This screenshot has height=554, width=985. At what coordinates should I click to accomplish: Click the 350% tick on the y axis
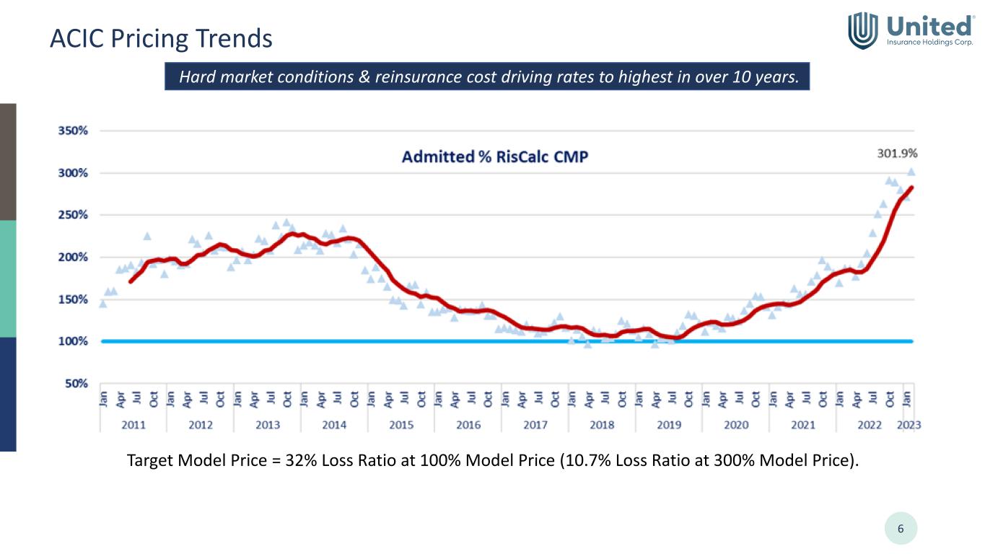[x=73, y=131]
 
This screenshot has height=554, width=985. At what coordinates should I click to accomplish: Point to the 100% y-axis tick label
[x=73, y=341]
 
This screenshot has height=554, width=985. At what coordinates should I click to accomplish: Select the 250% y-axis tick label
[x=73, y=215]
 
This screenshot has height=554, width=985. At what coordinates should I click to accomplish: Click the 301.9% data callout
[x=897, y=154]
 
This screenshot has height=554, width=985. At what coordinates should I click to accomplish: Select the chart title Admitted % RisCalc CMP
[x=494, y=157]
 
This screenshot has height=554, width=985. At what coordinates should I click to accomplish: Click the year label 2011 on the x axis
[x=133, y=425]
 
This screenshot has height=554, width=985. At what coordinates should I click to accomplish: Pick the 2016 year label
[x=468, y=425]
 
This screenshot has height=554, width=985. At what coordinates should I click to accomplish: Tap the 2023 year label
[x=909, y=425]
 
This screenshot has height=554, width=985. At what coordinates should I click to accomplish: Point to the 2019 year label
[x=669, y=425]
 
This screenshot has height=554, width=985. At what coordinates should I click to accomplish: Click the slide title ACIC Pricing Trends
[x=161, y=38]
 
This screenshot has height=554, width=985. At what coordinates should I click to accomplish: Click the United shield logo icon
[x=862, y=30]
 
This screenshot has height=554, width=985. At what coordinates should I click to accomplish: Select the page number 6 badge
[x=901, y=529]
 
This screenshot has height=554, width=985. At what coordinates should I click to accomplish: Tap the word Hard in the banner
[x=195, y=76]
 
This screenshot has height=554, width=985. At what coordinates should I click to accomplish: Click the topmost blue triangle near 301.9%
[x=911, y=172]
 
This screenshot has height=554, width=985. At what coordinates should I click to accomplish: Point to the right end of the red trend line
[x=911, y=188]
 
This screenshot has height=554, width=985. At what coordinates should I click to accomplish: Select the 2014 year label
[x=334, y=425]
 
